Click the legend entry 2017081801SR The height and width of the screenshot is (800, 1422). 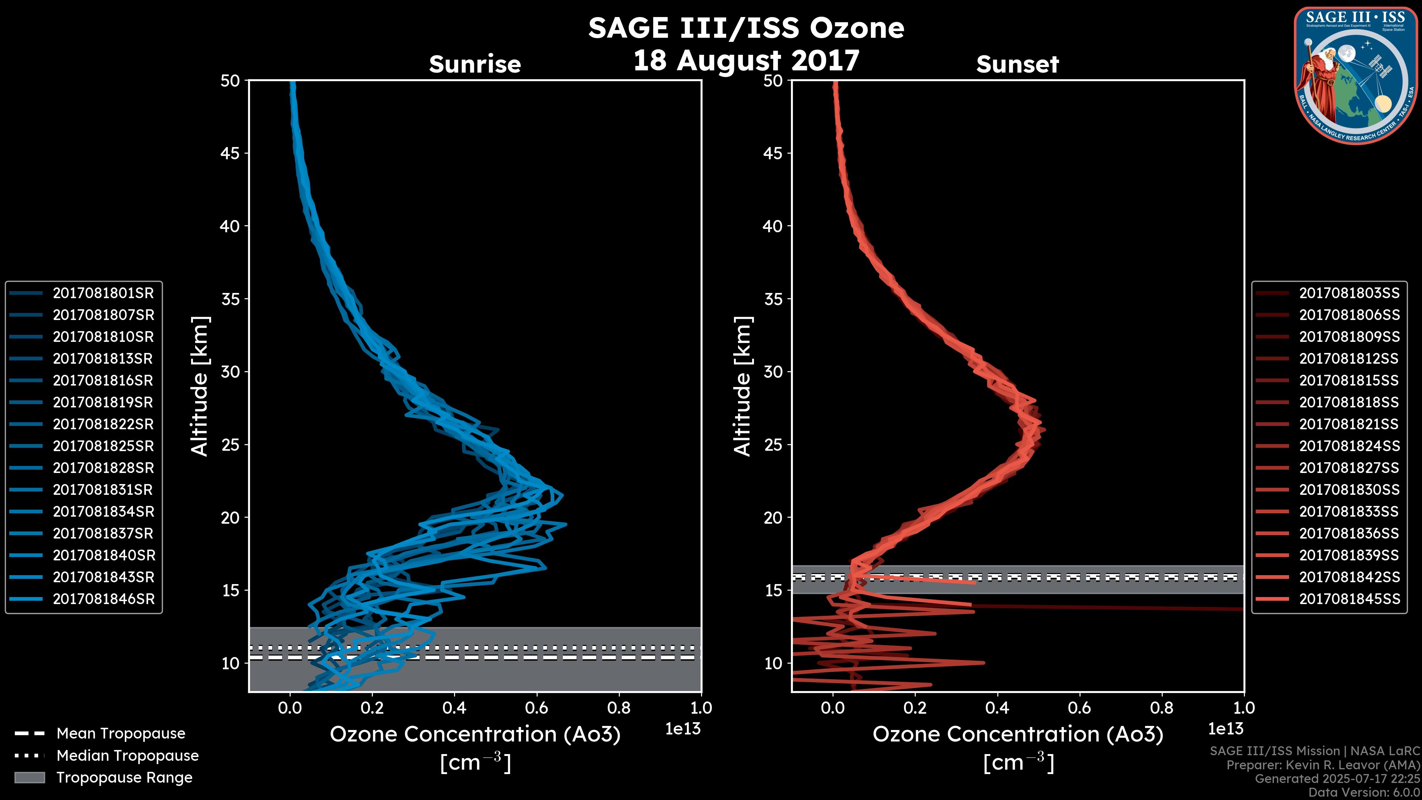[103, 293]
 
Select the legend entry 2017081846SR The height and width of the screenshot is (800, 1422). [103, 599]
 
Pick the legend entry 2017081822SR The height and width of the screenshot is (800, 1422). [103, 424]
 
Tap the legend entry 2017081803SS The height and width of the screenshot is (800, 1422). [1349, 293]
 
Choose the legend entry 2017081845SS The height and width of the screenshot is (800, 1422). [1349, 599]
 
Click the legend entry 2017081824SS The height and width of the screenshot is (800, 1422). [1349, 446]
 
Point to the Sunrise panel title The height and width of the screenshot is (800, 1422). [475, 64]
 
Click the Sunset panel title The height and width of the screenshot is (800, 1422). [1017, 64]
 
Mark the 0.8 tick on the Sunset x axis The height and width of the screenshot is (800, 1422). [1161, 708]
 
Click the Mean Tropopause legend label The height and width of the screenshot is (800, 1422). [121, 734]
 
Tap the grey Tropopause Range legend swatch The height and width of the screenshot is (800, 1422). [29, 777]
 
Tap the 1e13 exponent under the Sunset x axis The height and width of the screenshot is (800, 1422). [1225, 729]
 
